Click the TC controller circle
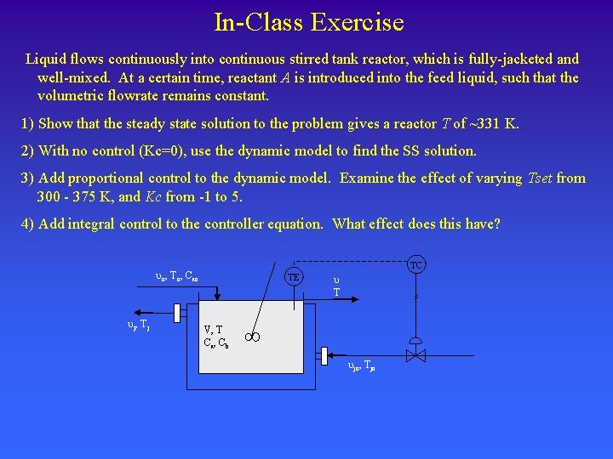coord(415,265)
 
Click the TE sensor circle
coord(293,277)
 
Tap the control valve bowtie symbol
coord(415,356)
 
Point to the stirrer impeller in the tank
coord(253,337)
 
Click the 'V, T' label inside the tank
coord(213,330)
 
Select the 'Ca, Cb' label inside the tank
coord(215,343)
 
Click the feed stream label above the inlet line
coord(177,276)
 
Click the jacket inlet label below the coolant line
coord(362,367)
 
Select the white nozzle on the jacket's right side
coord(324,355)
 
